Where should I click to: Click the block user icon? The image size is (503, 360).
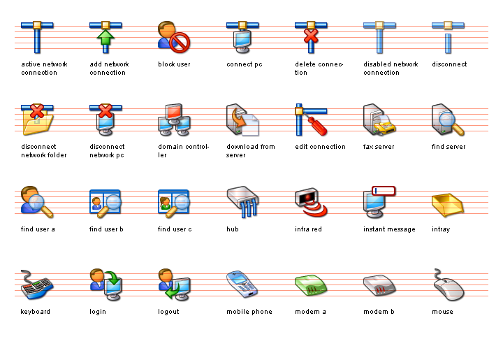point(174,37)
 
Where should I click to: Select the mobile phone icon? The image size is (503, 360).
point(242,284)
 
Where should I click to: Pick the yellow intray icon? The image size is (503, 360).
point(448,204)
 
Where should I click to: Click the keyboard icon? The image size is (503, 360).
point(37,285)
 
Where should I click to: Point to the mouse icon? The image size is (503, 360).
point(448,285)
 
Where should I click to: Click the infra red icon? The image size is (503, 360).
point(311,202)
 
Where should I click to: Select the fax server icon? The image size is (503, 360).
point(379,120)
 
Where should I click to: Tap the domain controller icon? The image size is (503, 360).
point(174,120)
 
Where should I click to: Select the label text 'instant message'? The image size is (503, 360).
point(389,229)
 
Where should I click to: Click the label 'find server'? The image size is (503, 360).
point(449,147)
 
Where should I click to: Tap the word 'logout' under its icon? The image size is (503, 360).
point(168,312)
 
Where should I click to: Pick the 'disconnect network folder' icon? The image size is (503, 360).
point(37,120)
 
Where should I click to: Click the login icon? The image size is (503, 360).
point(105,284)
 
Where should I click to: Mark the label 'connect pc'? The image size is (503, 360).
point(245,64)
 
